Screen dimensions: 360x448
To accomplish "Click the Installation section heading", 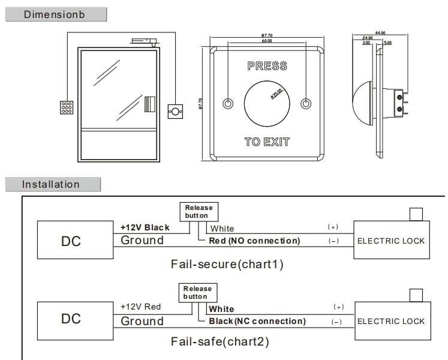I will tap(51, 184).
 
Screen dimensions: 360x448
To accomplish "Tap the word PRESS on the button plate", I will tap(267, 66).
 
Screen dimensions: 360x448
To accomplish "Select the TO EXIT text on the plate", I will tap(267, 142).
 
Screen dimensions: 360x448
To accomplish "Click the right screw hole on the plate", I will tap(306, 103).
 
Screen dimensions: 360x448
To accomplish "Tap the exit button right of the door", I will tap(176, 111).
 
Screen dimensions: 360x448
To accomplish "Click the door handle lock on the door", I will tap(150, 104).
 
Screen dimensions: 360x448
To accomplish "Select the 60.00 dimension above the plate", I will tap(266, 41).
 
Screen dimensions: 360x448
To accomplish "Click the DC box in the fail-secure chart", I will tap(71, 241).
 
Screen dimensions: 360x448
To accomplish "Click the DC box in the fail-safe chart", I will tap(71, 319).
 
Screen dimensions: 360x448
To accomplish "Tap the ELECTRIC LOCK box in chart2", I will tap(391, 321).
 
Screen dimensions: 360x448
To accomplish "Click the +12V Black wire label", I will tap(145, 227).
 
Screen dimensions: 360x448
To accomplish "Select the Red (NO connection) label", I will tap(254, 241).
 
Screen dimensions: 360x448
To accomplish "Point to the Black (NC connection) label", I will tap(257, 321).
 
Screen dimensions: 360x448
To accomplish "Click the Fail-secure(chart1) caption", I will tap(227, 264).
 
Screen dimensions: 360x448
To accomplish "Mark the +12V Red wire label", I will tap(141, 307).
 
